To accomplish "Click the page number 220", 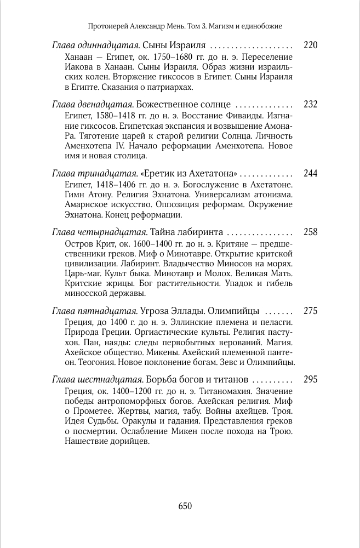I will tap(310, 45).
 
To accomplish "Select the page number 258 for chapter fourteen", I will tap(310, 232).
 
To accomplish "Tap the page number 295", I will tap(310, 380).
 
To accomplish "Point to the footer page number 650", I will tap(185, 506).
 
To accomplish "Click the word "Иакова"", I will tap(77, 67).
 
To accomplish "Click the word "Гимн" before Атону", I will tap(76, 196).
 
